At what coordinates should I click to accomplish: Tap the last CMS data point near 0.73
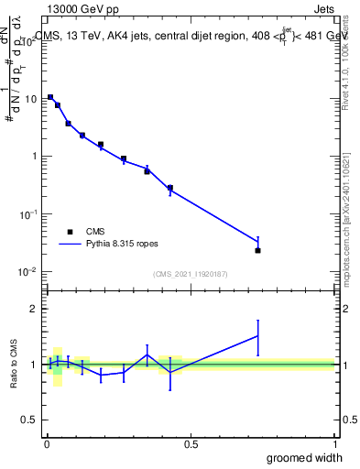click(258, 250)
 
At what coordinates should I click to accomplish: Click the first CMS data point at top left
click(50, 97)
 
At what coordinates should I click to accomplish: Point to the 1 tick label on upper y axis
click(36, 156)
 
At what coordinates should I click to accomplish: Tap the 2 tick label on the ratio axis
click(35, 309)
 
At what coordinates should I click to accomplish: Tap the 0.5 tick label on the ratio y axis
click(30, 420)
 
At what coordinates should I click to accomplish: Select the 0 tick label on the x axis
click(47, 444)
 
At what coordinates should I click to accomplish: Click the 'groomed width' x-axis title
click(305, 457)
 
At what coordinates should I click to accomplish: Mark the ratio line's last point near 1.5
click(258, 336)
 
